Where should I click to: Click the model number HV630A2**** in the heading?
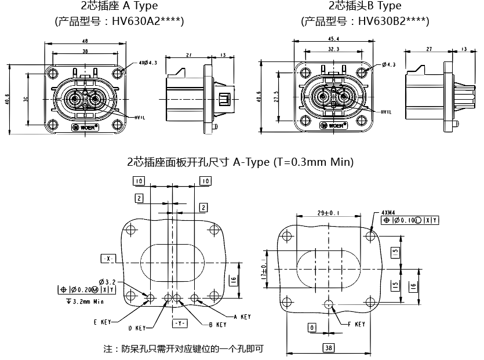tap(148, 22)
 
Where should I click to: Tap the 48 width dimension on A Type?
tap(85, 41)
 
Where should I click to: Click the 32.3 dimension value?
tap(333, 50)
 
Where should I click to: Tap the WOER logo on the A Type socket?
tap(85, 126)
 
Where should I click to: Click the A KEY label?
tap(242, 317)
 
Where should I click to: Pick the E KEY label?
tap(103, 321)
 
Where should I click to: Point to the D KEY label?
tap(137, 329)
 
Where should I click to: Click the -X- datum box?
tap(108, 257)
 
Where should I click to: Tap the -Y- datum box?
tap(179, 322)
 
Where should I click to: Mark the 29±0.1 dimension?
tap(329, 213)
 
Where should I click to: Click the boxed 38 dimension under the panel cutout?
tap(329, 348)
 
